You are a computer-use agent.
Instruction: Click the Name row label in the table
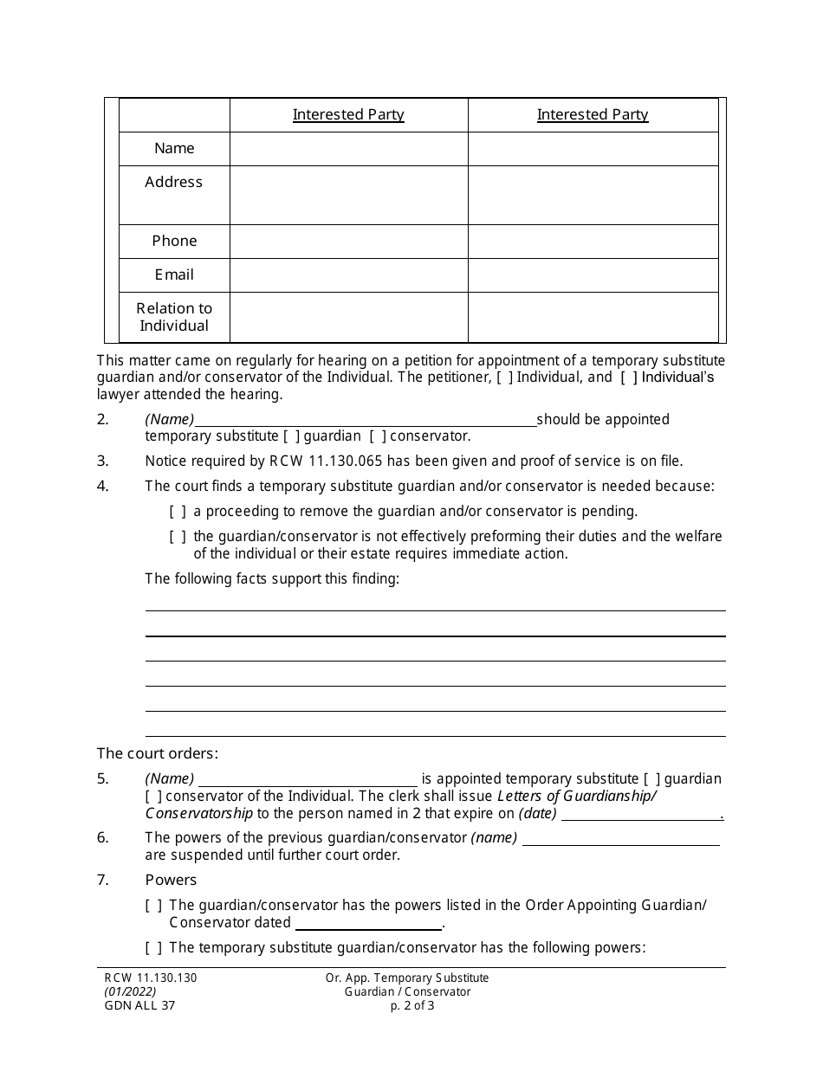(x=174, y=148)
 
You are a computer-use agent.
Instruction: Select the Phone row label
(x=174, y=241)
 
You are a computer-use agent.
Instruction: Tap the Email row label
(x=174, y=274)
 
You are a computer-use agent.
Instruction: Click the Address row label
(x=174, y=182)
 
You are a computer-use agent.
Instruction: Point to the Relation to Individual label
(x=174, y=317)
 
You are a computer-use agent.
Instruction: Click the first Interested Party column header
(x=348, y=114)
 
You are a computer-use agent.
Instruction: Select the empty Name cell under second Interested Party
(x=593, y=148)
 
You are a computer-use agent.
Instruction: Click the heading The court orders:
(x=157, y=753)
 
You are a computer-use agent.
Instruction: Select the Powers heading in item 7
(x=171, y=880)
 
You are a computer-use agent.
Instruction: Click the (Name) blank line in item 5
(x=308, y=780)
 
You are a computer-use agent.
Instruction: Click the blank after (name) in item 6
(x=621, y=839)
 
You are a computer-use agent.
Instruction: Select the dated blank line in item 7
(x=368, y=924)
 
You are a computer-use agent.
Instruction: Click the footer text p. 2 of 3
(x=411, y=1005)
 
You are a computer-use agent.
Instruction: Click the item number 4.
(x=103, y=486)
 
